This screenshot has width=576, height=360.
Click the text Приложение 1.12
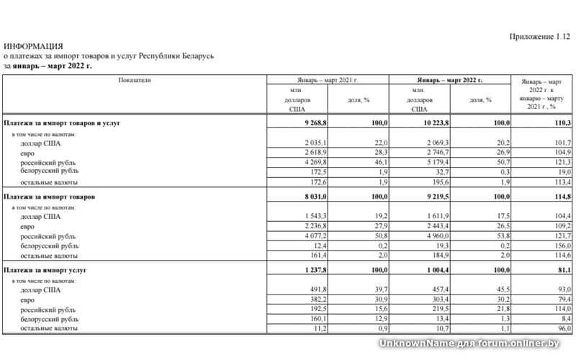click(x=539, y=36)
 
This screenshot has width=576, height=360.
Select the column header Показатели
click(x=135, y=80)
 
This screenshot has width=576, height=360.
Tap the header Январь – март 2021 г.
click(x=328, y=81)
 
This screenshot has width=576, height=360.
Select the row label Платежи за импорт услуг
click(x=45, y=269)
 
